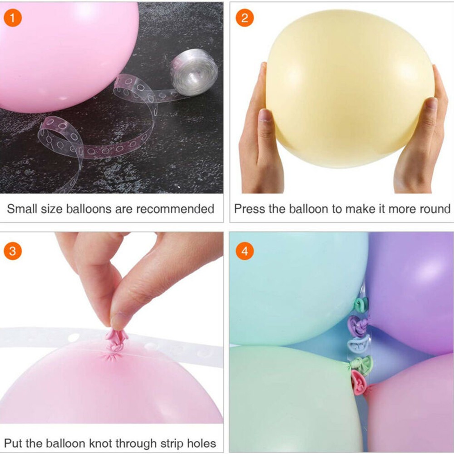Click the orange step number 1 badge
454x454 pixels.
coord(13,18)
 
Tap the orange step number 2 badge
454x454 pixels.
coord(245,18)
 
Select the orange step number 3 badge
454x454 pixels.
coord(13,251)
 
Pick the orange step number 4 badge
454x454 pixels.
coord(245,251)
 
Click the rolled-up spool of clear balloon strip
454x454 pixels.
coord(194,72)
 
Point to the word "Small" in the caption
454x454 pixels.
coord(22,209)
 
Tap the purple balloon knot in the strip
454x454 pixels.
coord(358,326)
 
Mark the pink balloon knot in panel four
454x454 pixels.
coord(359,382)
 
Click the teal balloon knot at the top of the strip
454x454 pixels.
coord(361,304)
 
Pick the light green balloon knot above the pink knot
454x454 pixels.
coord(361,365)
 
